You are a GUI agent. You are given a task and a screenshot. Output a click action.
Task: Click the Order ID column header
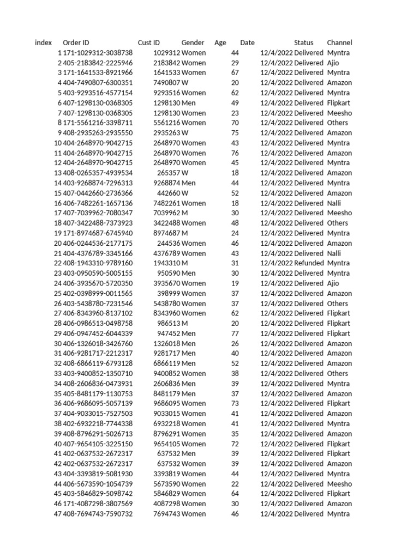(x=76, y=43)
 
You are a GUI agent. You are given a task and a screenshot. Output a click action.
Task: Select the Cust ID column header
(x=149, y=43)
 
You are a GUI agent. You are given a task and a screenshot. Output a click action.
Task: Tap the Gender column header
(x=193, y=43)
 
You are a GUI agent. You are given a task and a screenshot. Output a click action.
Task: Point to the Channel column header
(x=339, y=43)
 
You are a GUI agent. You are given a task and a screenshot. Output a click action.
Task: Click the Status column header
(x=304, y=43)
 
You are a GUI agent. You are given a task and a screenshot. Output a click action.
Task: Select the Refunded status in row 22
(x=309, y=263)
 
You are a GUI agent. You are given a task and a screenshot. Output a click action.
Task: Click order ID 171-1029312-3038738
(x=98, y=53)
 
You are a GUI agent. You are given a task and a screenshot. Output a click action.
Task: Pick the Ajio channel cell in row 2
(x=333, y=63)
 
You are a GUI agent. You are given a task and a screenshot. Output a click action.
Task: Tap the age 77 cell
(x=235, y=333)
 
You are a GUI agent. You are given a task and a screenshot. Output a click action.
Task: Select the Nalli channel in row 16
(x=334, y=203)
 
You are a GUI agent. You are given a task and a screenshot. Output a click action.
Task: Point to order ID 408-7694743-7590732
(x=98, y=514)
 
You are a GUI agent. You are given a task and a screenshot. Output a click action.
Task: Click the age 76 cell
(x=235, y=153)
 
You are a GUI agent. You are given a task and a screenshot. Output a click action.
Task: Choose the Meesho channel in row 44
(x=339, y=484)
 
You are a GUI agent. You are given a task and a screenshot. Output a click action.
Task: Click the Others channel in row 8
(x=337, y=123)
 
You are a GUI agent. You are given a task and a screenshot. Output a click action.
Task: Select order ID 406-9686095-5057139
(x=98, y=404)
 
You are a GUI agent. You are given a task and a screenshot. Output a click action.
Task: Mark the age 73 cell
(x=235, y=404)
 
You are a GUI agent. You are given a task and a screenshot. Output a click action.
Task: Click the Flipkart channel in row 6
(x=339, y=103)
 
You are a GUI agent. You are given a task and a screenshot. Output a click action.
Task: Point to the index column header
(x=43, y=43)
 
